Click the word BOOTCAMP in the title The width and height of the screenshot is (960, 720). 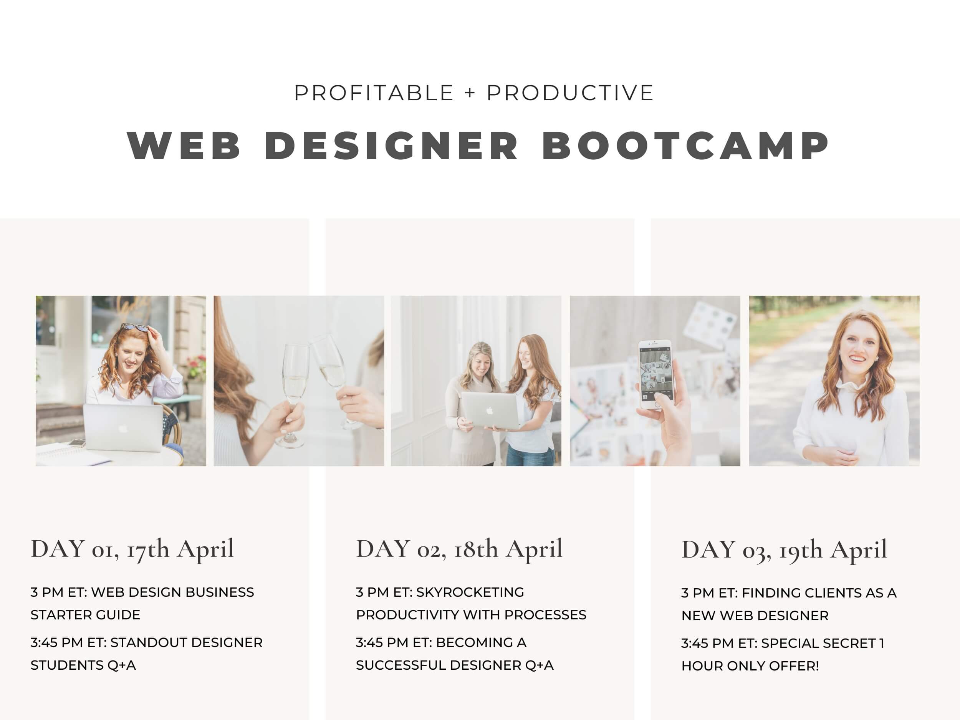click(686, 146)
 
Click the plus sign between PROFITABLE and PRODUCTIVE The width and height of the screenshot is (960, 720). click(470, 93)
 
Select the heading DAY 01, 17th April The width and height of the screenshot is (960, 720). click(132, 549)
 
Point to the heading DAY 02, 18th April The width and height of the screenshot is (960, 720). click(459, 549)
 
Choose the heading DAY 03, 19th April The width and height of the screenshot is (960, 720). click(784, 550)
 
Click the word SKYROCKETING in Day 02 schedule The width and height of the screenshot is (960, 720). click(470, 593)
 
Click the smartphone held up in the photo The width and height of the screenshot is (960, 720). click(654, 374)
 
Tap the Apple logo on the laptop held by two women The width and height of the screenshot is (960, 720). click(490, 410)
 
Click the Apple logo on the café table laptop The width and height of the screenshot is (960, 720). click(123, 429)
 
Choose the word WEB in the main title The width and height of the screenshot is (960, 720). click(184, 146)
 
